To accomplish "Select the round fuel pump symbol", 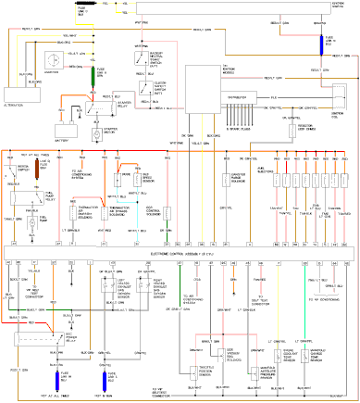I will (31, 220).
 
